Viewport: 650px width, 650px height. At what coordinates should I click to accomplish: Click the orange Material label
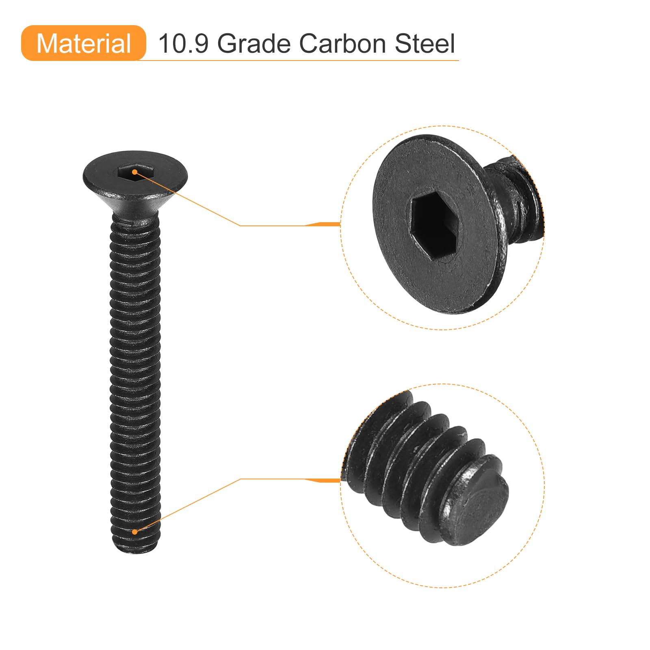click(83, 43)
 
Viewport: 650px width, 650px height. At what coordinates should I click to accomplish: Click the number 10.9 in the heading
click(183, 43)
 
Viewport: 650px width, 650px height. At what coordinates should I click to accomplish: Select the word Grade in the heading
click(254, 43)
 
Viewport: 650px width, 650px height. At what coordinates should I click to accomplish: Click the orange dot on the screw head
click(134, 172)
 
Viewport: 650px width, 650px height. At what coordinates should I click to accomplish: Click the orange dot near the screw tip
click(134, 532)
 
